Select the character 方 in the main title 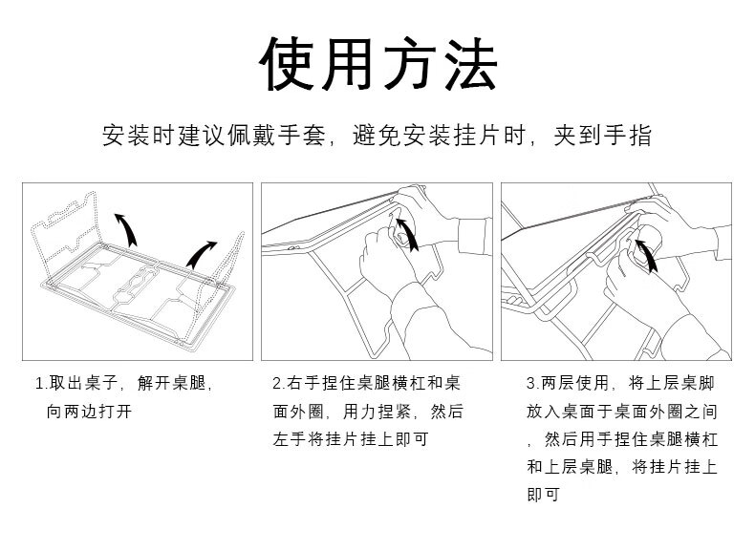point(408,66)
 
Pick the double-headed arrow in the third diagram point(648,255)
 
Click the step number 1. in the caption point(41,384)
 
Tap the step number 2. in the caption point(277,384)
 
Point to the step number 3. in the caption point(532,384)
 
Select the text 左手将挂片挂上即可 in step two point(350,439)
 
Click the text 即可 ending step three point(543,495)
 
